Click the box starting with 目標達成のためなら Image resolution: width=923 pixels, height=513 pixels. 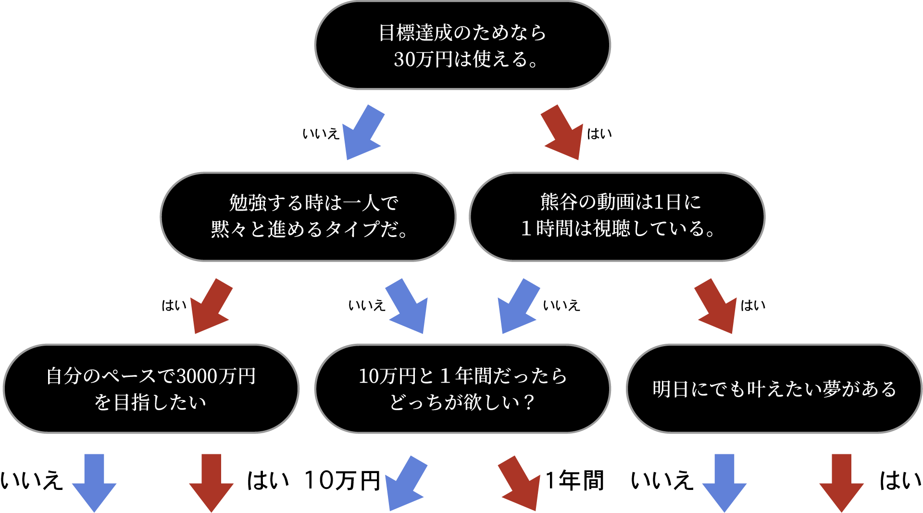coord(462,45)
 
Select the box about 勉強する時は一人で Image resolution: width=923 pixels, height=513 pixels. coord(308,216)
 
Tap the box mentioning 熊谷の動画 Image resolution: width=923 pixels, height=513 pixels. coord(617,216)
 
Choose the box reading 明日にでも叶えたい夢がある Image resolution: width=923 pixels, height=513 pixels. coord(774,388)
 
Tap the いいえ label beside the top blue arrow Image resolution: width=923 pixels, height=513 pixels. coord(321,134)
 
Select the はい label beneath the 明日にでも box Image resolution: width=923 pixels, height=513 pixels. coord(900,481)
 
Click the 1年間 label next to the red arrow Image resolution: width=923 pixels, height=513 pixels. coord(575,481)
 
